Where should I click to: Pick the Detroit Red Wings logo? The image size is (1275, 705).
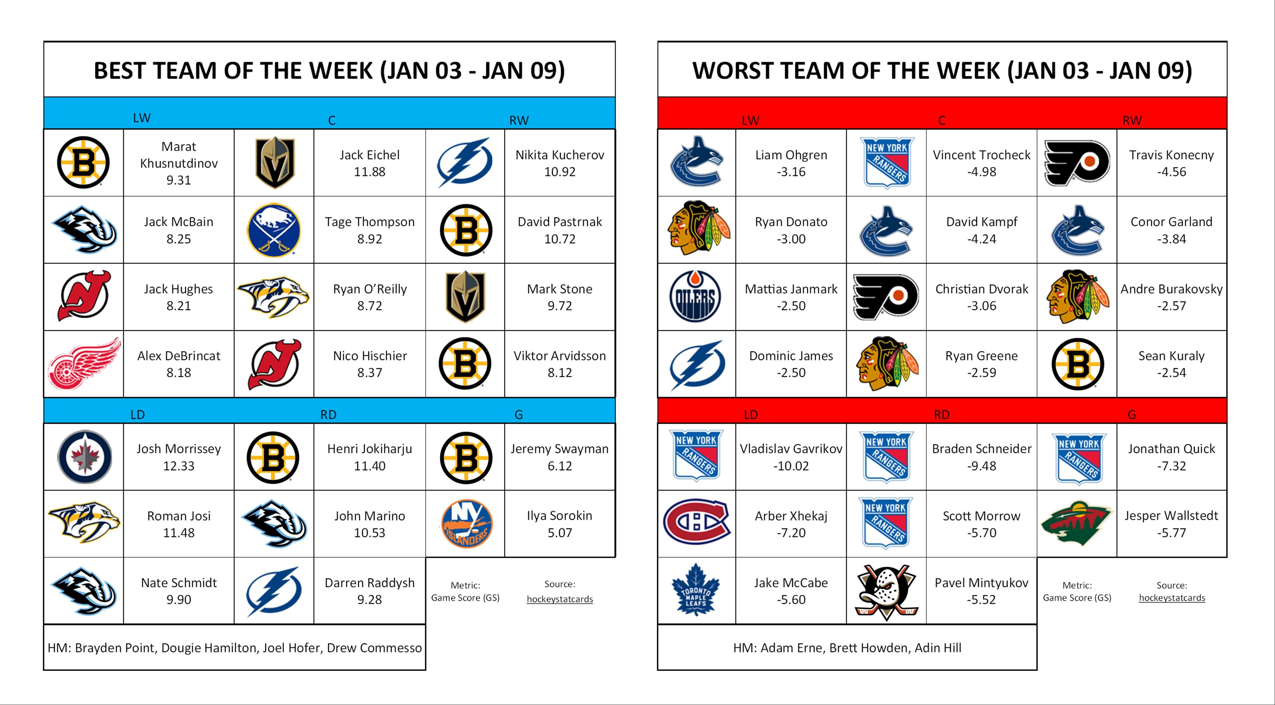(x=84, y=364)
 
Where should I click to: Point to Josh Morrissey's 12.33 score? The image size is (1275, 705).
(x=179, y=466)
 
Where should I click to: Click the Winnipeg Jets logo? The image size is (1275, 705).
(x=84, y=457)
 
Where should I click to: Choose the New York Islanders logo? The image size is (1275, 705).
(x=465, y=524)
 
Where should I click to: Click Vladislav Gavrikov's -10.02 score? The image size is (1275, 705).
(x=791, y=466)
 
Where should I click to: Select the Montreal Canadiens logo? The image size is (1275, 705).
(x=696, y=524)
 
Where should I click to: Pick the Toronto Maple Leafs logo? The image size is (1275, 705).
(x=695, y=590)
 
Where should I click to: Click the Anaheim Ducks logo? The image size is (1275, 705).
(x=886, y=591)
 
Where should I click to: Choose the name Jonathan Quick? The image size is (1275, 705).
(x=1171, y=449)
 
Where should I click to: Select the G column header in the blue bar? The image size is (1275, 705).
(x=518, y=415)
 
